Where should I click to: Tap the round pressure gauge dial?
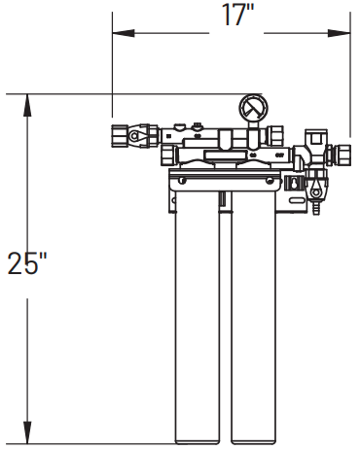coord(252,106)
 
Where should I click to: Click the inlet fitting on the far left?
coord(125,135)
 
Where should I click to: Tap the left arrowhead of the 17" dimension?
coord(117,31)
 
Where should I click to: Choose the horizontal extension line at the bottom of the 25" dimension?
coord(97,443)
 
